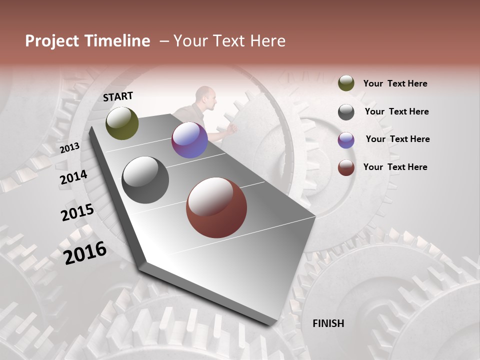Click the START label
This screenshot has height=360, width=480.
(x=118, y=96)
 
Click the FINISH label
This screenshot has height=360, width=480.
(x=328, y=323)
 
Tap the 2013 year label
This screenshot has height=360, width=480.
(x=70, y=147)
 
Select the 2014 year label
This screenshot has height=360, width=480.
(x=73, y=177)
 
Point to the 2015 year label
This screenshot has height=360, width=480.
(x=77, y=212)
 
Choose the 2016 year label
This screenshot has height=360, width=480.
(x=85, y=252)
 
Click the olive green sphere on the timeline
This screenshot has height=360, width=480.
(x=122, y=123)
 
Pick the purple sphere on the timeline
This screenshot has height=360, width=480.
(x=189, y=140)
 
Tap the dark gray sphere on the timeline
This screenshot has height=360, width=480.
(x=145, y=180)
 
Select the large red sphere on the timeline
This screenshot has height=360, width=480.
(x=216, y=207)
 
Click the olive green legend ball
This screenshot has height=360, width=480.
(x=346, y=83)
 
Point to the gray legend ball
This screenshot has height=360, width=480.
(x=346, y=111)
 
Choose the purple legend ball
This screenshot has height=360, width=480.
(x=346, y=139)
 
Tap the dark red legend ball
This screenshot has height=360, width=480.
(x=346, y=167)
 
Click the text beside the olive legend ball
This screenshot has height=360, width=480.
(x=395, y=83)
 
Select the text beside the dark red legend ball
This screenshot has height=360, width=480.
(x=395, y=167)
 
